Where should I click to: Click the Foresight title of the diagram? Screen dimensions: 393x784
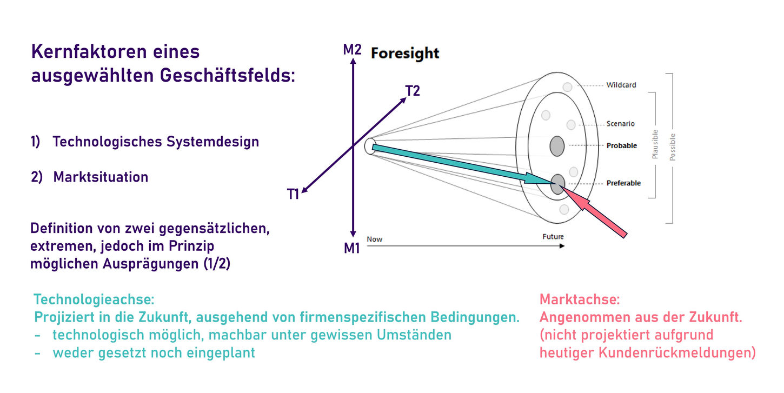[x=404, y=54]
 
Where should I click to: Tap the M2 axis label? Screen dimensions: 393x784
[x=352, y=50]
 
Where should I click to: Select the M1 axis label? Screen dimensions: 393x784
[x=352, y=248]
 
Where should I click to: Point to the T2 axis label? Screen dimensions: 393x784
[x=412, y=91]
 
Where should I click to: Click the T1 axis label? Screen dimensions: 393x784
[x=293, y=195]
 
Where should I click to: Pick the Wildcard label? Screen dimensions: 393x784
[x=621, y=85]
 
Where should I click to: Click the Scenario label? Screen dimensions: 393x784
[x=620, y=124]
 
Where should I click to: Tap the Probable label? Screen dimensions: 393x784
[x=622, y=145]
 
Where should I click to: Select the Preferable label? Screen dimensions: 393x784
[x=623, y=183]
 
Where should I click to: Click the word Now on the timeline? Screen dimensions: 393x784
[x=374, y=239]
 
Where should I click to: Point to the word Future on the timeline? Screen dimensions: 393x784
[x=553, y=237]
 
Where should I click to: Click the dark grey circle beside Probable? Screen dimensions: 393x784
[x=557, y=145]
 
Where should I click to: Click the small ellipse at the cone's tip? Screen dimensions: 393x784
[x=370, y=146]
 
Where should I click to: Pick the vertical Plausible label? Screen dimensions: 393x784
[x=655, y=144]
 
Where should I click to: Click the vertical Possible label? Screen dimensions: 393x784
[x=673, y=146]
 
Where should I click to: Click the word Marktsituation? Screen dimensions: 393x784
[x=101, y=177]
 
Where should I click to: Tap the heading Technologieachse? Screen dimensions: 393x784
[x=94, y=299]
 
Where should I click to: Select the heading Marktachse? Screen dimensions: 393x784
[x=580, y=299]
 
